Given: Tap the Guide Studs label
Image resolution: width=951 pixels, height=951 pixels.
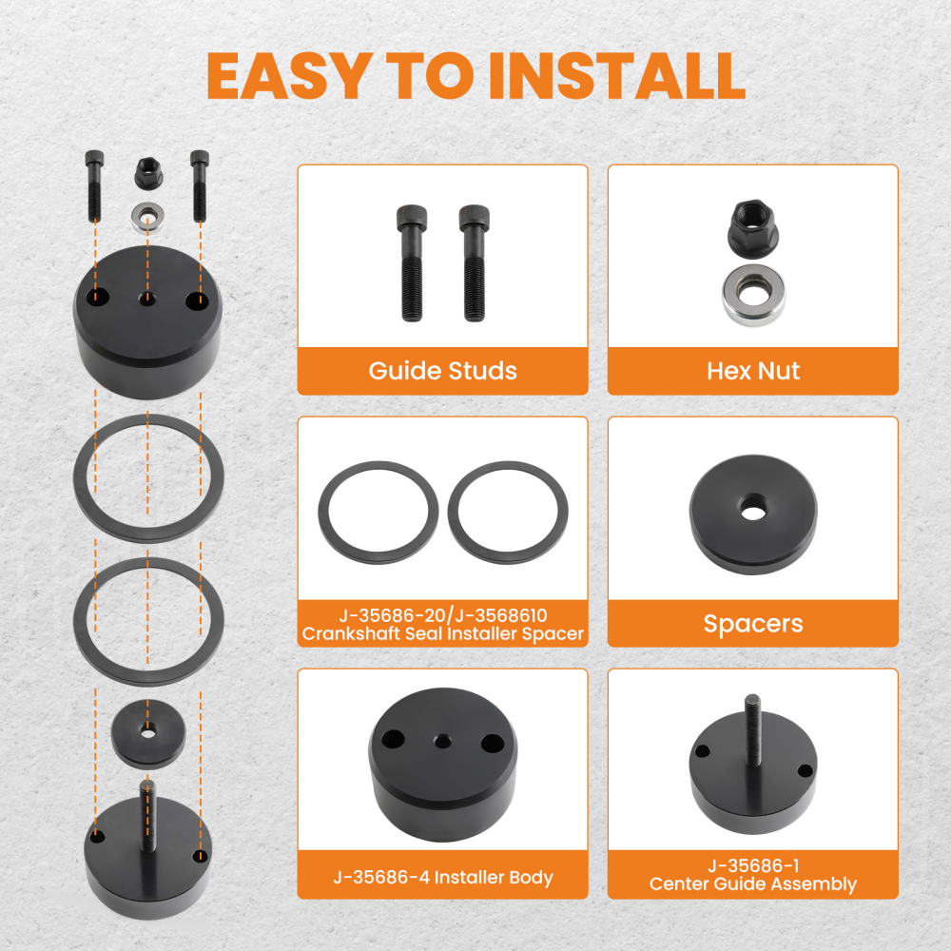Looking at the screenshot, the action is (443, 371).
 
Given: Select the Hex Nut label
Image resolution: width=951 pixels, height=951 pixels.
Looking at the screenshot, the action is (752, 371).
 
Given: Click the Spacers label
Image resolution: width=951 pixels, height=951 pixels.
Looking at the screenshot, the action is (752, 624).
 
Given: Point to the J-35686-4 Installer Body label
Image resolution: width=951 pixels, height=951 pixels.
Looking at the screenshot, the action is (443, 877).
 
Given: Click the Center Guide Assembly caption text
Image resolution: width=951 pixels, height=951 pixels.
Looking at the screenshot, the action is (752, 883).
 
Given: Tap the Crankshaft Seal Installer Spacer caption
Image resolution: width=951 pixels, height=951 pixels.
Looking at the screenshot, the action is (443, 633).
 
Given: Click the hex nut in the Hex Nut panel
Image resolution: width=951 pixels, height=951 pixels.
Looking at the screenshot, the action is (752, 230).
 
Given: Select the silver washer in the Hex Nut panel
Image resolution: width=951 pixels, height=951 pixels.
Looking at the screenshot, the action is (753, 296).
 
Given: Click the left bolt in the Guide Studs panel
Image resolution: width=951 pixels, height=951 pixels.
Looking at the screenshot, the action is (412, 262).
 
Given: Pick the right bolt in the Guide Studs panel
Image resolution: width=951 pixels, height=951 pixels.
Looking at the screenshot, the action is (474, 262).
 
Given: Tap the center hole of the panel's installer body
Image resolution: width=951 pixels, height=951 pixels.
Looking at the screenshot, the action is (443, 741).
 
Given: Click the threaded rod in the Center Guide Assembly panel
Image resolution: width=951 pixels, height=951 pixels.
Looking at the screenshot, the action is (752, 729).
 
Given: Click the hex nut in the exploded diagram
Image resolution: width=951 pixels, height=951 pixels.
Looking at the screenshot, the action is (147, 173).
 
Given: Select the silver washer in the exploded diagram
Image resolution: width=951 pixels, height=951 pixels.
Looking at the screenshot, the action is (147, 218).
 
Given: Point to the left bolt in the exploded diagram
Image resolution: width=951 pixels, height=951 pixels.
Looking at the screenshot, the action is (94, 185).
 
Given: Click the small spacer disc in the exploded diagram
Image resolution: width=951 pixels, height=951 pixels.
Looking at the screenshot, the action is (148, 734).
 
